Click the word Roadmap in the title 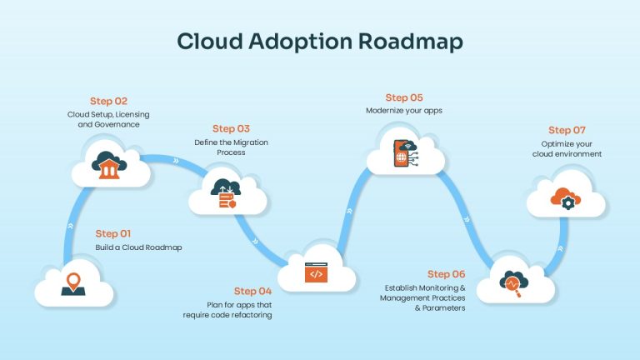pos(411,42)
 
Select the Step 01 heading pos(113,234)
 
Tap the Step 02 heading pos(108,101)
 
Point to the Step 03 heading pos(231,129)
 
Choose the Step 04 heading pos(252,292)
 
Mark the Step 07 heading pos(567,131)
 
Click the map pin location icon pos(73,284)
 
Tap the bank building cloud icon pos(109,165)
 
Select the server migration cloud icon pos(226,193)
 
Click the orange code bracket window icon pos(317,272)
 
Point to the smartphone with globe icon pos(405,153)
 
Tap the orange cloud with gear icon pos(565,199)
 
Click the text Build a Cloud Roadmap pos(139,247)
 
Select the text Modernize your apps pos(404,111)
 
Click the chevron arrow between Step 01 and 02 pos(71,226)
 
